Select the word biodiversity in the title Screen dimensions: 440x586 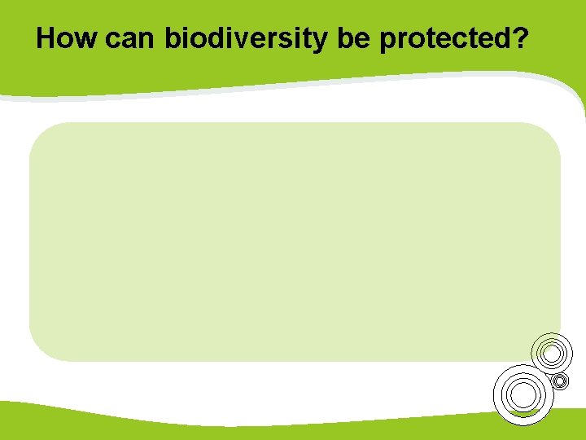tap(245, 38)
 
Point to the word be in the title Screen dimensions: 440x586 tap(352, 38)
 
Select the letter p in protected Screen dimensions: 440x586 tap(388, 41)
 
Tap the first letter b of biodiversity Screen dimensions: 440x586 tap(173, 38)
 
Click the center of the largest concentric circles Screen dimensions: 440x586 tap(523, 395)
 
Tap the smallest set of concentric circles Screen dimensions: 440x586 tap(559, 381)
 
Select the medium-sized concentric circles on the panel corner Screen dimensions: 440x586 tap(552, 353)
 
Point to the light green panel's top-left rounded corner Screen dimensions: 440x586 tap(37, 131)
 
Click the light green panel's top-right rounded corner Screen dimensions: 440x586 tap(553, 131)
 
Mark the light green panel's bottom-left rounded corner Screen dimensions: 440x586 tap(37, 353)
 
